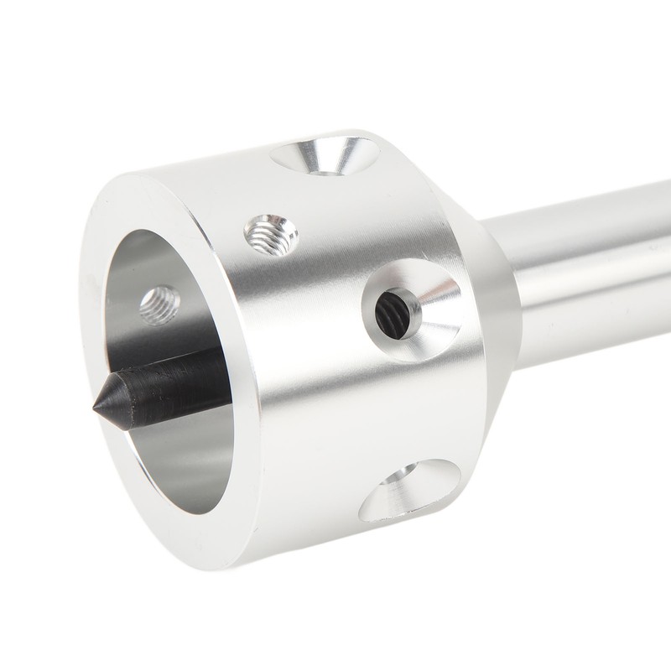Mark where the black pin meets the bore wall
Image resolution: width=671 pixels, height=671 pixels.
[x=220, y=369]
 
